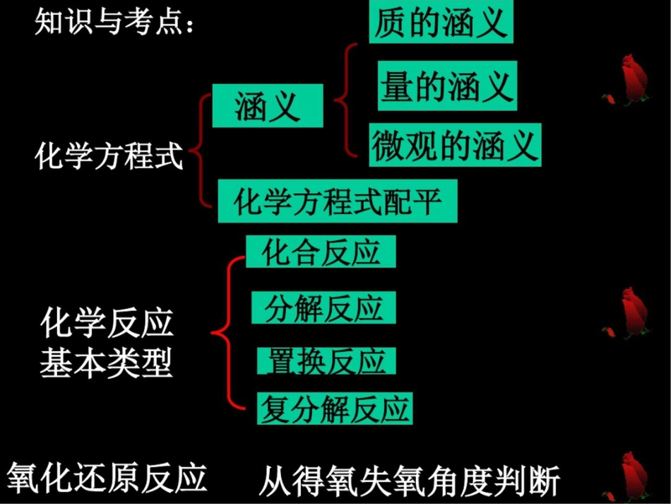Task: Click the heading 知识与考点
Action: click(114, 23)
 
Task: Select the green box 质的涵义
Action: click(441, 23)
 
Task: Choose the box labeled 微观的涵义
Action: click(455, 146)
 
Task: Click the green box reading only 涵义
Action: click(268, 107)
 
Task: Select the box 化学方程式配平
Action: click(338, 201)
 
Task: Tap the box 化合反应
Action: click(321, 252)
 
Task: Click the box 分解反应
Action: click(323, 308)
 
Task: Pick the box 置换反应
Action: click(326, 361)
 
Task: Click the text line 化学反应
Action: click(107, 325)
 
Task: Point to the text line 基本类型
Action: click(107, 365)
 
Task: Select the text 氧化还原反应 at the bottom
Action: click(107, 477)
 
